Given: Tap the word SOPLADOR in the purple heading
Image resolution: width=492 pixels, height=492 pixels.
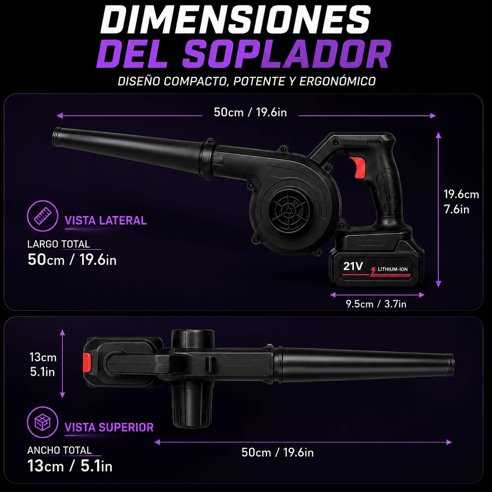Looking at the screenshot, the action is click(287, 54).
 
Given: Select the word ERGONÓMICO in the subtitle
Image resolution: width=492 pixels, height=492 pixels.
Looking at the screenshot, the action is click(337, 81).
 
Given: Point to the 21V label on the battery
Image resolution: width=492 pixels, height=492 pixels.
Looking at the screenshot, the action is click(353, 266).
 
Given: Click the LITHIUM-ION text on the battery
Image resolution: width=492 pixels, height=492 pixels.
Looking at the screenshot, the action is click(393, 269).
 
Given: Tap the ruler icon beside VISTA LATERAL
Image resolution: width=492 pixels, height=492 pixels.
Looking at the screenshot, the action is click(42, 216).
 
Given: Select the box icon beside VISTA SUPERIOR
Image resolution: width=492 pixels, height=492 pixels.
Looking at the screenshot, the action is click(42, 422).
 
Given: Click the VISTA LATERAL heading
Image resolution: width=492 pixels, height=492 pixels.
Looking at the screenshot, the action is click(106, 221).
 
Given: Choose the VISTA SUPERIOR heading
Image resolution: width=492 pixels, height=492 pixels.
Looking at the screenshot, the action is click(109, 427).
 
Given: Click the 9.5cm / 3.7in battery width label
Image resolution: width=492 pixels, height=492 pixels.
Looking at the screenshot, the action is click(376, 304).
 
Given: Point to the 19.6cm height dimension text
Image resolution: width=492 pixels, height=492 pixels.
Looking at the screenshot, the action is click(461, 195).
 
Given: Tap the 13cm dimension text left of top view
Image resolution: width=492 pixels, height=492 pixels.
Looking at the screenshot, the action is click(43, 357).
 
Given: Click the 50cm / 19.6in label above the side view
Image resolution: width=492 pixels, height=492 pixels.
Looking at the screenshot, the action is click(250, 112).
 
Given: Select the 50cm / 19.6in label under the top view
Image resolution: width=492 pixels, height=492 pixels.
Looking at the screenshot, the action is click(277, 453).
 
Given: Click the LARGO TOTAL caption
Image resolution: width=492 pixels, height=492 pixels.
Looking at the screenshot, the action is click(59, 244).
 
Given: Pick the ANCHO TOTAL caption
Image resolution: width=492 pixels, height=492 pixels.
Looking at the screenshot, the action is click(59, 450).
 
